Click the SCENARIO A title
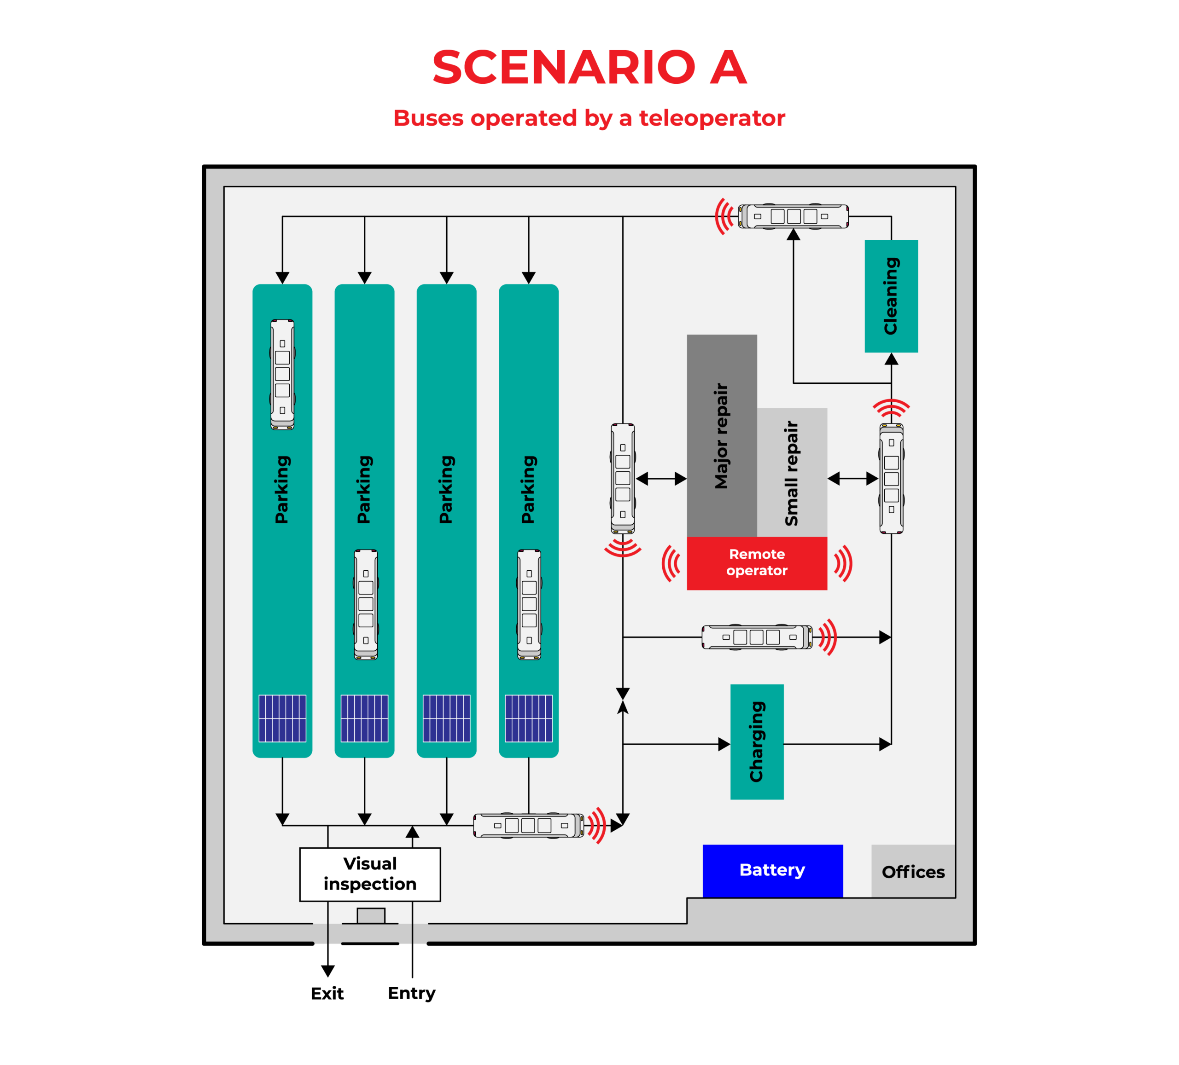(x=589, y=67)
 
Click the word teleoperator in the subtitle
(x=711, y=118)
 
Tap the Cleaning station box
(x=891, y=296)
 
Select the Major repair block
(x=721, y=435)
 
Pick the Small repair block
(x=792, y=472)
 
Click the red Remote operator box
(x=756, y=562)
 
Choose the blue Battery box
(x=772, y=870)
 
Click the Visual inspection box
(x=370, y=874)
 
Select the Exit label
(x=327, y=993)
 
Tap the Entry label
(x=412, y=993)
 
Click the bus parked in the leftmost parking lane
(x=282, y=374)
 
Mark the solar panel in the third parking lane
(x=446, y=718)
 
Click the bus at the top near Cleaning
(x=793, y=216)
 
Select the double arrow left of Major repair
(x=661, y=479)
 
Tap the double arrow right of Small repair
(x=852, y=479)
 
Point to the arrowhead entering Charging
(x=724, y=744)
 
